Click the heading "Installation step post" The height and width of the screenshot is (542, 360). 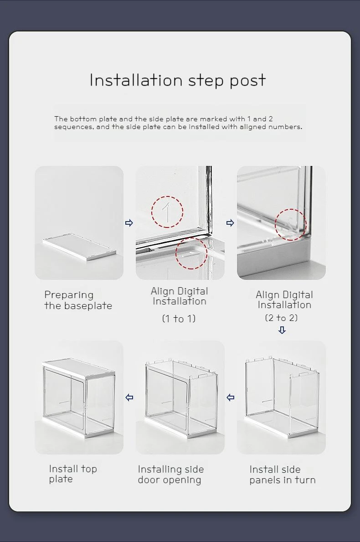point(178,81)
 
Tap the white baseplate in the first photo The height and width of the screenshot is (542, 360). point(79,247)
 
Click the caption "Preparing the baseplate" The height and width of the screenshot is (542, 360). point(78,300)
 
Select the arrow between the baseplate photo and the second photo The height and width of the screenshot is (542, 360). point(129,223)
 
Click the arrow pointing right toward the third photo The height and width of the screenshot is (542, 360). point(230,223)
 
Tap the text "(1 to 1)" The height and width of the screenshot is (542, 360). point(179,318)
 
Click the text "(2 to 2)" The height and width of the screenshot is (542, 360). point(281,318)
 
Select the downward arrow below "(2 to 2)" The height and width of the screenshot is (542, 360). point(282,330)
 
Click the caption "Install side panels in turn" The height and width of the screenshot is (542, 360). point(282,475)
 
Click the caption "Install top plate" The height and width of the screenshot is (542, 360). point(73,474)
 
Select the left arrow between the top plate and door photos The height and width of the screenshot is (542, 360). point(129,397)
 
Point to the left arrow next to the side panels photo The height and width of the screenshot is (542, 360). point(231,397)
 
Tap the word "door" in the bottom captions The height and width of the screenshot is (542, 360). point(149,480)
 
